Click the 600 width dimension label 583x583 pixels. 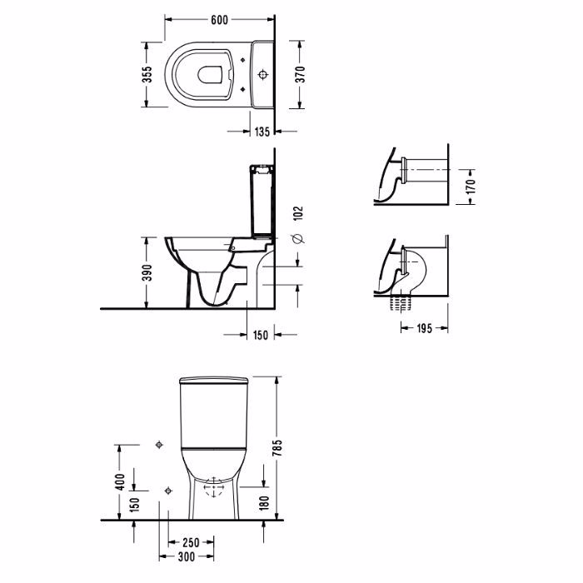click(219, 20)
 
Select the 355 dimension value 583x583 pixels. click(147, 75)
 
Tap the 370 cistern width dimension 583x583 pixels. click(301, 74)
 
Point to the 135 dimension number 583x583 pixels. click(262, 132)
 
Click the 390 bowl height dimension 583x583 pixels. click(147, 272)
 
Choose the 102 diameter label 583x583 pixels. click(298, 213)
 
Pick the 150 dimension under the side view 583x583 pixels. click(260, 335)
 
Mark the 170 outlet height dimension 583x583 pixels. click(471, 186)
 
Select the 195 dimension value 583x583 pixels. click(424, 328)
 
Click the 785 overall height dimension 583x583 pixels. click(277, 448)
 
